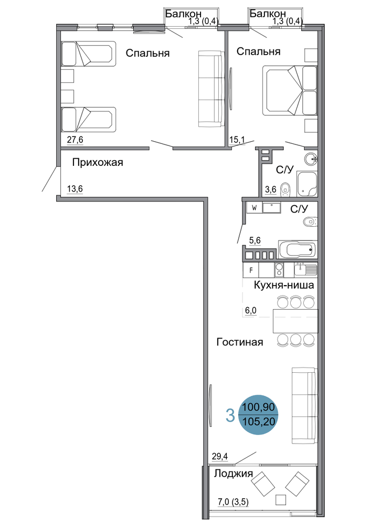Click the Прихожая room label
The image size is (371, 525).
tap(98, 162)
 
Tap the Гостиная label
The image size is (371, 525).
tap(240, 342)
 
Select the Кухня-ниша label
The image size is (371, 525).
tap(284, 285)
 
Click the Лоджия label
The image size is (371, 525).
tap(233, 474)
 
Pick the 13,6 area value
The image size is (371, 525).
tap(75, 189)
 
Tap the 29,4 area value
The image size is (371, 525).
tap(220, 456)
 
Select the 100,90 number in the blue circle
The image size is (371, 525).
tap(258, 407)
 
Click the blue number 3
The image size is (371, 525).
tap(230, 415)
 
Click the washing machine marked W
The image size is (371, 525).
tap(255, 208)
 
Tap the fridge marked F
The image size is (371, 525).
tap(251, 270)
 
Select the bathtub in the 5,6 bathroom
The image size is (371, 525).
tap(296, 249)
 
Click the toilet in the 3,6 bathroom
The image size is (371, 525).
tap(285, 189)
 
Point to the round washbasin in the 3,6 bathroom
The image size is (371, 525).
tap(311, 160)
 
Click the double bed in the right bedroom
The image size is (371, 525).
tap(290, 90)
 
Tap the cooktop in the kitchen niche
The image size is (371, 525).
tap(279, 270)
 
